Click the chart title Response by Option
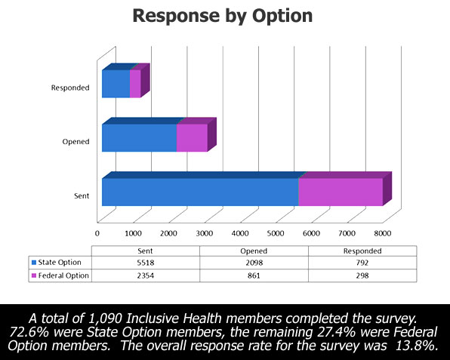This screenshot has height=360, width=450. [223, 16]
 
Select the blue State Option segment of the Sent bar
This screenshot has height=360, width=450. [200, 192]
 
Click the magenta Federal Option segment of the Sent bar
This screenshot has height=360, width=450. [341, 192]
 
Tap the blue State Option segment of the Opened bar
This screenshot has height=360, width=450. [139, 137]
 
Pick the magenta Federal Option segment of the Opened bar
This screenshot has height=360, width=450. [192, 137]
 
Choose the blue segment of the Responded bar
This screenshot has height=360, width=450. [116, 84]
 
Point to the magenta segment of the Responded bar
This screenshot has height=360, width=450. [135, 84]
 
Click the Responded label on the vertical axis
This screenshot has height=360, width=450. [70, 88]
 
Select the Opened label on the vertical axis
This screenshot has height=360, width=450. [76, 142]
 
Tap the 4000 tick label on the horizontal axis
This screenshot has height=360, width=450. [240, 233]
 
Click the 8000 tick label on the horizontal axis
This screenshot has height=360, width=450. [383, 233]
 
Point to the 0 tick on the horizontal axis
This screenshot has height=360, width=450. [97, 233]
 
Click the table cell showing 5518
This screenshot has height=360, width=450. [146, 263]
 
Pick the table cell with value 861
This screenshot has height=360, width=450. [254, 275]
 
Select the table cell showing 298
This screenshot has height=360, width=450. [362, 275]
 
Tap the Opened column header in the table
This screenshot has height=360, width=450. [254, 251]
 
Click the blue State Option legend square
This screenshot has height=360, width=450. [34, 263]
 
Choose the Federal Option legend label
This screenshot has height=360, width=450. [63, 275]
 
